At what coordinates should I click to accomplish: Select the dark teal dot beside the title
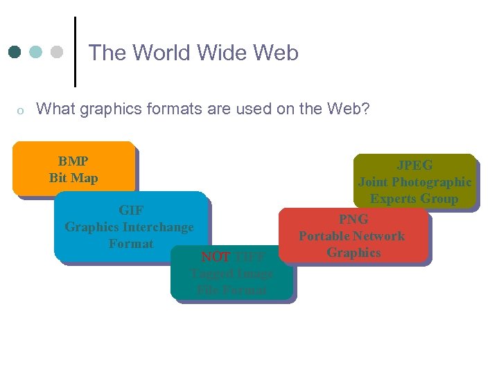(15, 53)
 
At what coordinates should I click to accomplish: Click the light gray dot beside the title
(57, 53)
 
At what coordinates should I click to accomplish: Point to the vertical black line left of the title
(74, 52)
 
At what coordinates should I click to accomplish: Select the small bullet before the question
(21, 110)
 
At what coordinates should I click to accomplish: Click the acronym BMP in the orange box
(73, 161)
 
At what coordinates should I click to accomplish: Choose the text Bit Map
(73, 178)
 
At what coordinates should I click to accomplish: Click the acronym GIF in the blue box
(130, 210)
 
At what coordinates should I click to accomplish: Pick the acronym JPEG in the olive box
(414, 165)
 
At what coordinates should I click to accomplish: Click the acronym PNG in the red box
(353, 219)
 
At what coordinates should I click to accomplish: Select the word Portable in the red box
(324, 235)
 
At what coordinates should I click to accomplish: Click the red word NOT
(216, 256)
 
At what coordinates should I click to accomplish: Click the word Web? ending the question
(351, 109)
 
